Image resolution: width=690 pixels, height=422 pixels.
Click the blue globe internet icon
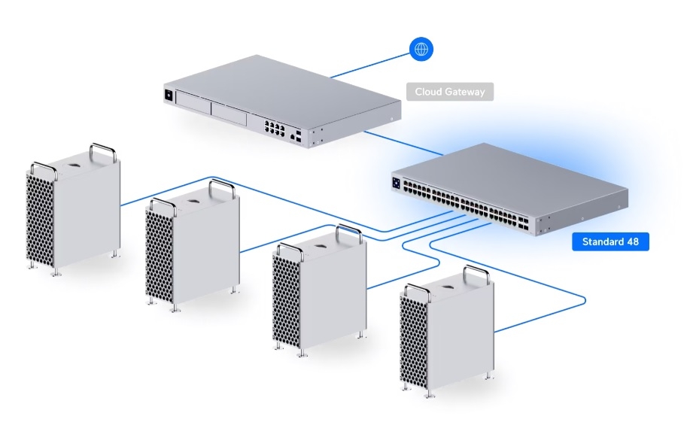[421, 50]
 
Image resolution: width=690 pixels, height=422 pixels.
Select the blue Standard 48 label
[610, 242]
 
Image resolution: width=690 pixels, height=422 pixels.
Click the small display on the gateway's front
[169, 95]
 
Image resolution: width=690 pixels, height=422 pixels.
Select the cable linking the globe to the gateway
[369, 64]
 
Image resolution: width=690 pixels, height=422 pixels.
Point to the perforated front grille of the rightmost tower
[414, 339]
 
